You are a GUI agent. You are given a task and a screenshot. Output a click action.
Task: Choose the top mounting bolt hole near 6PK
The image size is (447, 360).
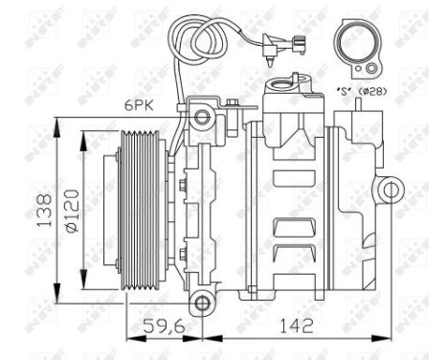pyautogui.click(x=201, y=119)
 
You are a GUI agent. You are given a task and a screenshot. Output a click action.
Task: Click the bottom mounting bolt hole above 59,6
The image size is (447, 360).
pyautogui.click(x=201, y=304)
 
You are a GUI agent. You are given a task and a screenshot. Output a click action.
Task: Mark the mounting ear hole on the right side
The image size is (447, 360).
pyautogui.click(x=388, y=191)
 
